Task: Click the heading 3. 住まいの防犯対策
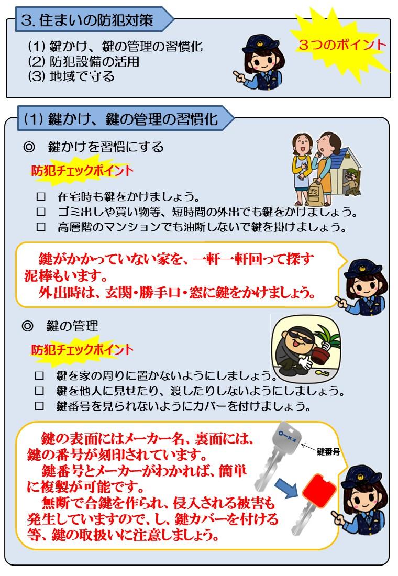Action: tap(87, 20)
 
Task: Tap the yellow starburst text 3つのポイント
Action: tap(342, 45)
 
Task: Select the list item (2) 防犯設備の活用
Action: tap(84, 61)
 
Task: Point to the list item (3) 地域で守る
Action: tap(71, 76)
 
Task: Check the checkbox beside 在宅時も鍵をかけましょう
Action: tap(41, 196)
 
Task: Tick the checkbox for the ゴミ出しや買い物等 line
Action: tap(41, 212)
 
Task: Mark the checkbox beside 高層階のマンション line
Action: tap(41, 227)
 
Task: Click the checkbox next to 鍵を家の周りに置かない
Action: tap(39, 375)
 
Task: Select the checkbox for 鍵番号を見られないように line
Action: tap(39, 406)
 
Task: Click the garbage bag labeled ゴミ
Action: tap(315, 193)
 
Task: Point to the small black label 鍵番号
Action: tap(328, 451)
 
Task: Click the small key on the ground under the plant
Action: tap(322, 373)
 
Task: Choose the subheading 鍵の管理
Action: tap(72, 326)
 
